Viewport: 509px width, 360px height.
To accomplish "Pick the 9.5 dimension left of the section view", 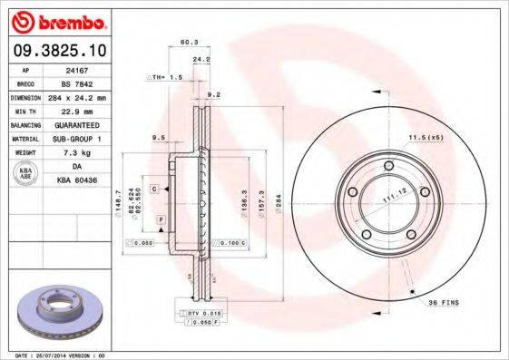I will pos(158,138).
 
